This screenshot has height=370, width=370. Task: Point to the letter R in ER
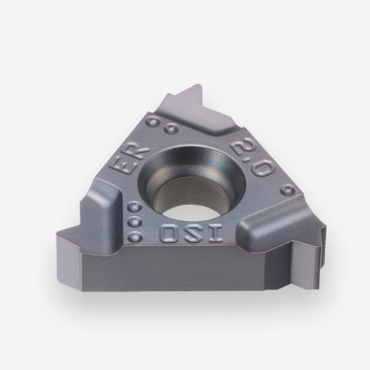pyautogui.click(x=138, y=152)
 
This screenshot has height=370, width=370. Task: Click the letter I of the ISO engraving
pyautogui.click(x=215, y=234)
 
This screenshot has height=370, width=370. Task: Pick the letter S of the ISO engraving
pyautogui.click(x=191, y=234)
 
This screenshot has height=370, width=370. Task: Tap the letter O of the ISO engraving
pyautogui.click(x=168, y=234)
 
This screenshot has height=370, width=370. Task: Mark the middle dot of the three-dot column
pyautogui.click(x=134, y=222)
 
